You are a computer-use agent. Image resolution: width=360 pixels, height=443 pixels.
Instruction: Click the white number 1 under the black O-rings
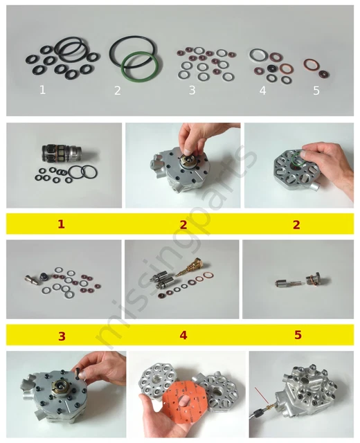coord(42,90)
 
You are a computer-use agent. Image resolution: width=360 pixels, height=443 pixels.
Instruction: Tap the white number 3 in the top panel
coord(192,91)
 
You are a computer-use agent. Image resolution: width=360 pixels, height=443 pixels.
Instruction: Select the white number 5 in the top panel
coord(316,91)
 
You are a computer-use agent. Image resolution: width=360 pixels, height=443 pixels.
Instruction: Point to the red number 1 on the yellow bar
coord(61,224)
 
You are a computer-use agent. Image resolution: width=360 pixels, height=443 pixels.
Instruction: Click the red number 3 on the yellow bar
coord(62,336)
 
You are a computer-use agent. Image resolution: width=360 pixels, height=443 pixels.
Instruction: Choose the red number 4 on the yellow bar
coord(183,335)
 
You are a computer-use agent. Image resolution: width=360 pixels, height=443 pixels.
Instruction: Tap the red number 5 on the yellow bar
coord(298,335)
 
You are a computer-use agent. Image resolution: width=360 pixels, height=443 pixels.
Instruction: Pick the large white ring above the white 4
coord(258,55)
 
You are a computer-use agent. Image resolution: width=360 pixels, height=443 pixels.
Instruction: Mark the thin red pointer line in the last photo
coord(262,395)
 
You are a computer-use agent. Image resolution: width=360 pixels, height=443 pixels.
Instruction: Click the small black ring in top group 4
coord(272,68)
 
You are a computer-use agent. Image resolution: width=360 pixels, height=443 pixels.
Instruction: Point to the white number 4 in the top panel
coord(263,91)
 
